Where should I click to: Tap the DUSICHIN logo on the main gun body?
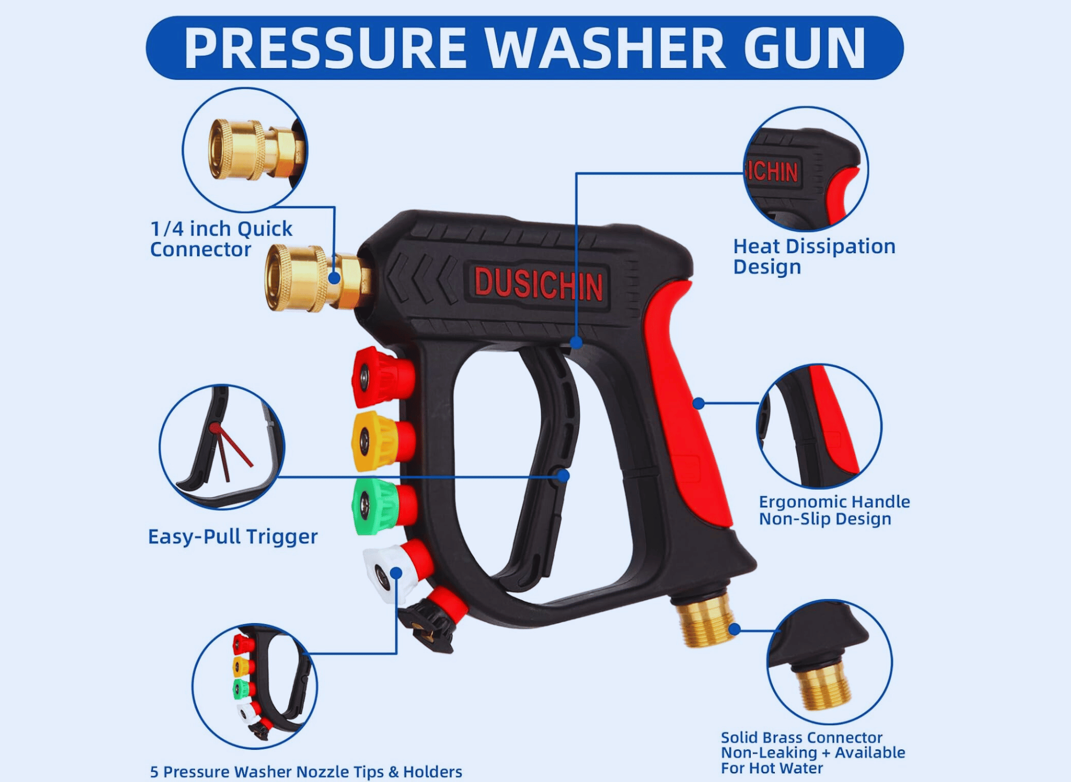tap(539, 284)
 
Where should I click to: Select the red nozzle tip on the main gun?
tap(383, 377)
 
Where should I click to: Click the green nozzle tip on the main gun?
tap(384, 505)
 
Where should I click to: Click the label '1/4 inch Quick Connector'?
tap(221, 239)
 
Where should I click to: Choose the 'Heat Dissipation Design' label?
tap(814, 256)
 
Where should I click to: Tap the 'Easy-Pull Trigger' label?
tap(232, 537)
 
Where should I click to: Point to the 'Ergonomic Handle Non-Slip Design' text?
tap(834, 510)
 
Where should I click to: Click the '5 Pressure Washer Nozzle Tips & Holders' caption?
tap(306, 771)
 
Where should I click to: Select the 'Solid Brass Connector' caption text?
tap(801, 737)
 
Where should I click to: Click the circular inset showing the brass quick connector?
tap(245, 150)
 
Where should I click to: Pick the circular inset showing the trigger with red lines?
tap(222, 447)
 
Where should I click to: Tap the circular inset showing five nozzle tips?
tap(255, 686)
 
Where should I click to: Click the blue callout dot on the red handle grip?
tap(698, 403)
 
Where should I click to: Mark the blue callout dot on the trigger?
tap(563, 476)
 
